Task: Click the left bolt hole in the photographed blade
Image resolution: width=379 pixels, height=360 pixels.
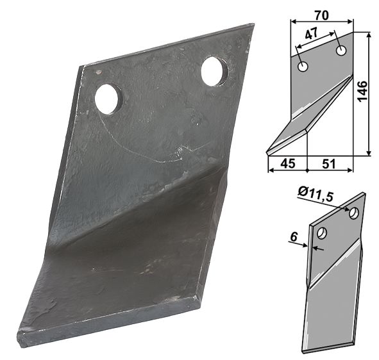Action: click(x=108, y=99)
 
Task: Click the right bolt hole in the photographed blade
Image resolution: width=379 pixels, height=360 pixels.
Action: click(x=214, y=71)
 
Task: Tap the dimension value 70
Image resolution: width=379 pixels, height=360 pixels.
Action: click(x=322, y=13)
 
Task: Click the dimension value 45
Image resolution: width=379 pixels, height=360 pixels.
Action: click(x=288, y=164)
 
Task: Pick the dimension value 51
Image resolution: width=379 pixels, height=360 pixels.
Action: click(x=330, y=164)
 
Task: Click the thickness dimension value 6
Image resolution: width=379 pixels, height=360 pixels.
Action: click(x=293, y=238)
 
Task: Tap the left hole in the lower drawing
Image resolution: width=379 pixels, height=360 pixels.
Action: click(x=321, y=233)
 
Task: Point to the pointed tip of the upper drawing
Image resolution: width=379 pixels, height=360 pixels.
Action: click(x=267, y=152)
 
